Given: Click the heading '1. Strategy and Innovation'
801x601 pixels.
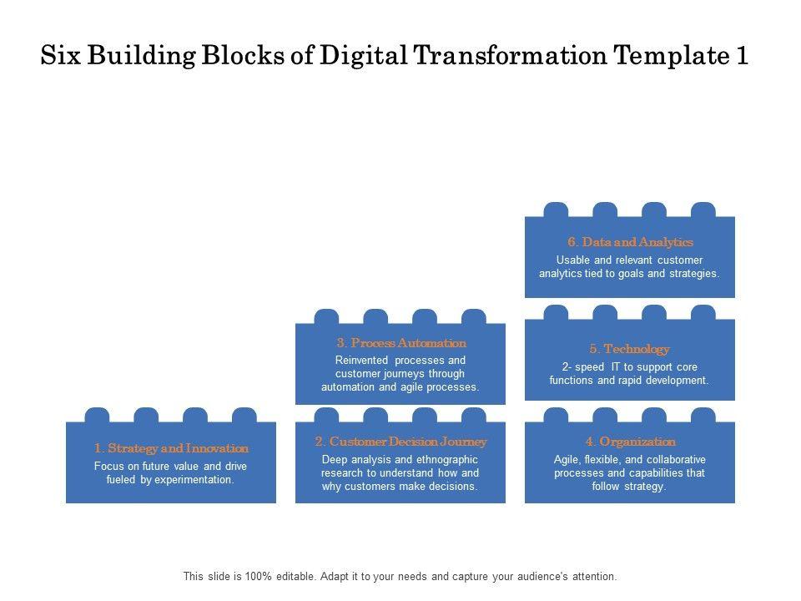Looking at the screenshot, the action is (171, 448).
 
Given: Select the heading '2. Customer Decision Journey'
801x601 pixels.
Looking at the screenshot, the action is (400, 442).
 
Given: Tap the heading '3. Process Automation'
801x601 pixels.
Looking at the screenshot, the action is (400, 343).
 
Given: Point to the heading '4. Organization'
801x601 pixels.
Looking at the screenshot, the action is (630, 442).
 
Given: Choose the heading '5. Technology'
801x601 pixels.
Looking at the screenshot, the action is (630, 349).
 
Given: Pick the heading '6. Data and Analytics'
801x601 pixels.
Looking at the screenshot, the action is (630, 242).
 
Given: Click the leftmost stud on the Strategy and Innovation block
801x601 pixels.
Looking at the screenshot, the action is (98, 415).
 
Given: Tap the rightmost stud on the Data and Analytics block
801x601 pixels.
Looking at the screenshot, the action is (703, 210).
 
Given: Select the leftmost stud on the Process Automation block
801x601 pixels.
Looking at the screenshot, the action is (327, 316).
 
